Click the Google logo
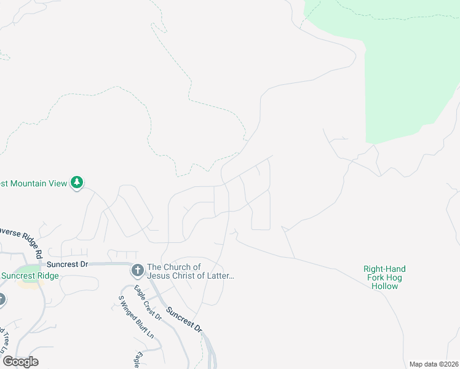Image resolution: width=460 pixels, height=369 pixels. [x=20, y=362]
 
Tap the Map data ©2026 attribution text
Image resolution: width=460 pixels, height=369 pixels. [x=434, y=364]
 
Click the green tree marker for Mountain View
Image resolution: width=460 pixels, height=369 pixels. [x=77, y=182]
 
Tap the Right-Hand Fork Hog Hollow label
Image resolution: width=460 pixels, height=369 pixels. [x=385, y=277]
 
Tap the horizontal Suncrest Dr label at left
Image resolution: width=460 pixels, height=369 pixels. [x=68, y=264]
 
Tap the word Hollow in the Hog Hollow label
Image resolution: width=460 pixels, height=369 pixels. [x=385, y=287]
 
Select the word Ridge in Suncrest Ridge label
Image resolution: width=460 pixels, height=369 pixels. [x=47, y=276]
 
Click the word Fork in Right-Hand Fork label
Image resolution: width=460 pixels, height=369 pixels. [x=374, y=278]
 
